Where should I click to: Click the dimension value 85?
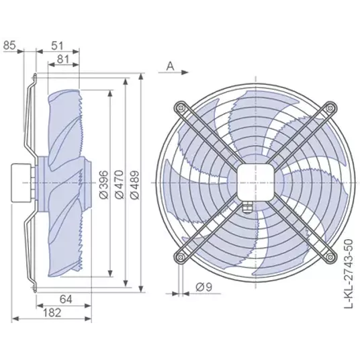(x=9, y=45)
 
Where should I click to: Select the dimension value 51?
(x=57, y=46)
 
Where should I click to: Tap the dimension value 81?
(x=63, y=59)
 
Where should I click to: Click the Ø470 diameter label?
(x=119, y=184)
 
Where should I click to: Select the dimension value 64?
(x=66, y=299)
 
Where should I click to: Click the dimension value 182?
(x=52, y=313)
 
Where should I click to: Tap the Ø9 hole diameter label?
(x=204, y=287)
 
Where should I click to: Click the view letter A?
(x=170, y=66)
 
